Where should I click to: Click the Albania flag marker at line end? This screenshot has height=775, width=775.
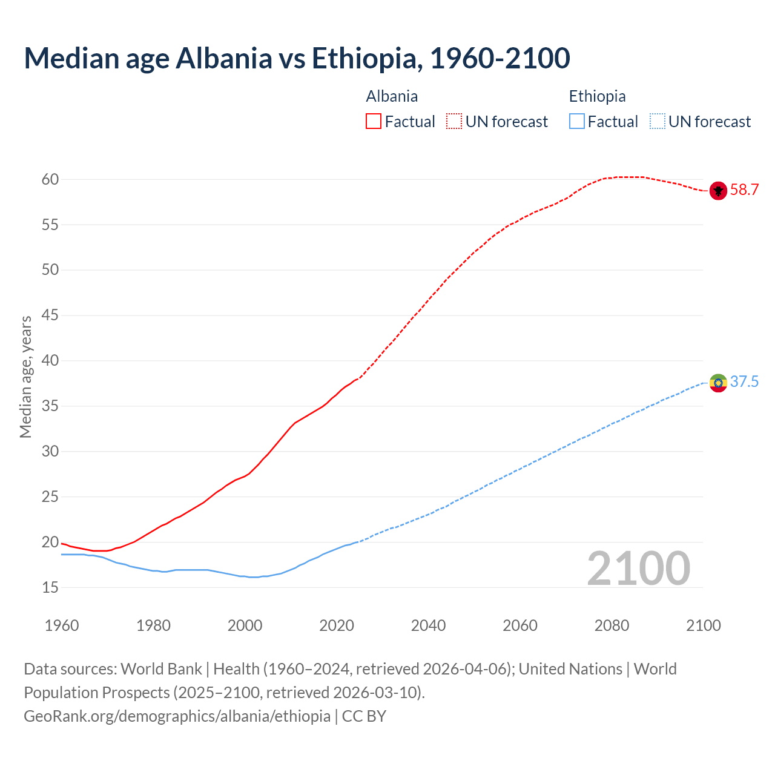click(x=718, y=191)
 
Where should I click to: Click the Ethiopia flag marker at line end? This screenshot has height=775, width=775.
click(x=718, y=383)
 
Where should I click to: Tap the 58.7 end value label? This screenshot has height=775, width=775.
click(x=744, y=190)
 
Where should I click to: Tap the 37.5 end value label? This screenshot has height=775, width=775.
click(x=744, y=381)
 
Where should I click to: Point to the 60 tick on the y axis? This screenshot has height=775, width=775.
click(x=50, y=179)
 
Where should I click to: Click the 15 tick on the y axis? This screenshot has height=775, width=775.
click(x=50, y=587)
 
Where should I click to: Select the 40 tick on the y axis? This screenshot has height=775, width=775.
click(x=50, y=361)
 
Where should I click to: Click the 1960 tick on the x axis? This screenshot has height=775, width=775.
click(x=62, y=625)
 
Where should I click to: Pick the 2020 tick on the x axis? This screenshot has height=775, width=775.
click(x=337, y=625)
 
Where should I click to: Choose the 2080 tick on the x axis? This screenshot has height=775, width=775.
click(x=612, y=625)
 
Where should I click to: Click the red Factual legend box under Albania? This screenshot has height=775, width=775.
click(x=374, y=121)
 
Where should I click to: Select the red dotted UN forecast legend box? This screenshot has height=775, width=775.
click(x=454, y=121)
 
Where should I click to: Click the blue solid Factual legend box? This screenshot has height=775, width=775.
click(x=577, y=121)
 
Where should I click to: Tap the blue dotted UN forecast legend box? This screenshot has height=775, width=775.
click(x=657, y=121)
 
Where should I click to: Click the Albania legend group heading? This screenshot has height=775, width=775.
click(x=392, y=96)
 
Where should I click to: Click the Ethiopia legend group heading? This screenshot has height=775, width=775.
click(x=597, y=96)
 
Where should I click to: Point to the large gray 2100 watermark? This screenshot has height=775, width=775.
click(x=638, y=568)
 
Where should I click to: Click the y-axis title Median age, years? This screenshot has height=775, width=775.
click(x=25, y=377)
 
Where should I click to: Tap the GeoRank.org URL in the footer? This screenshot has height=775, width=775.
click(x=177, y=716)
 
